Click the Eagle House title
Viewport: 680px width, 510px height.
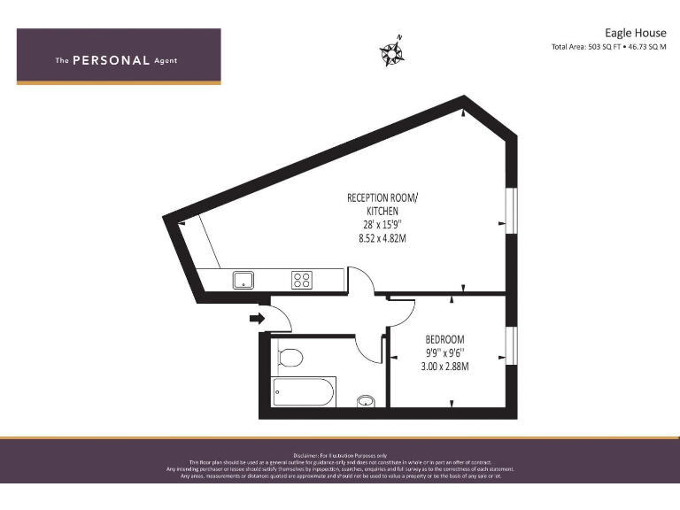coord(636,33)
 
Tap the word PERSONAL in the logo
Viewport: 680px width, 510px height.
coord(111,60)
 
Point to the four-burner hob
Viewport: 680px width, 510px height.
coord(302,280)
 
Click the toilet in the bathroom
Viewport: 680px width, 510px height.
coord(289,358)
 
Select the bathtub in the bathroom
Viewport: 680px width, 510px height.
coord(304,390)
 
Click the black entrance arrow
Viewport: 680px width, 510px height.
coord(257,317)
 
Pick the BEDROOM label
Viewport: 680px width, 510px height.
coord(444,339)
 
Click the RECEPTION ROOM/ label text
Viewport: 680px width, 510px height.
coord(382,198)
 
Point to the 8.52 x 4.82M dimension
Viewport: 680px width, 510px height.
coord(382,238)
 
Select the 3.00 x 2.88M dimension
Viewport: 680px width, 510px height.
coord(444,366)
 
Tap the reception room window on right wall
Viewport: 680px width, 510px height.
coord(510,215)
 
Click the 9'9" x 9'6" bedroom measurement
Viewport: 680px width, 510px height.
coord(444,352)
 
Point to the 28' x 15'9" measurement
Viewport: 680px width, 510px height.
coord(382,225)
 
